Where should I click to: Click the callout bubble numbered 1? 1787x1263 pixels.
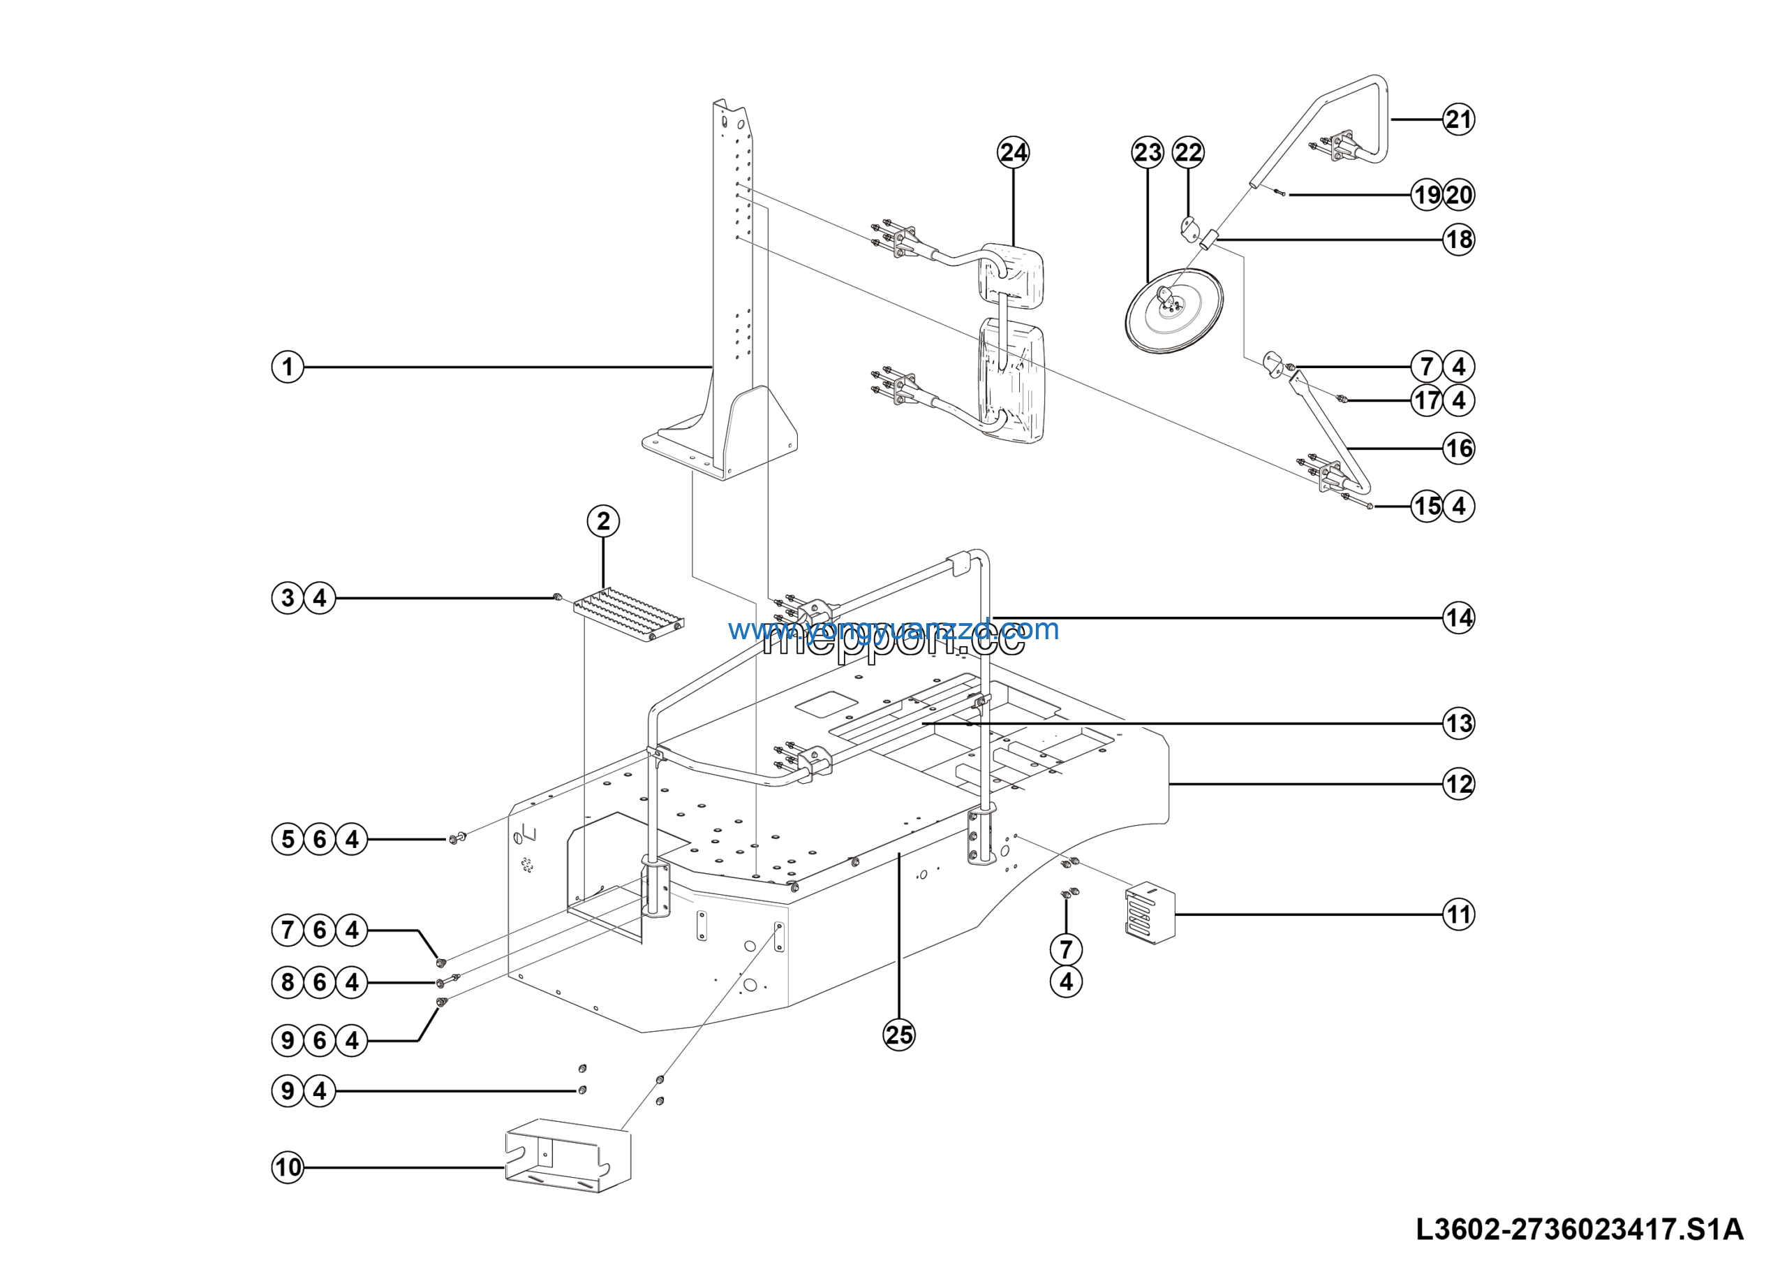[287, 367]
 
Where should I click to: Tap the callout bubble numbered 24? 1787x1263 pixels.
[1013, 152]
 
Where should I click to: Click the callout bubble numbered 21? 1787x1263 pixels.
[1458, 120]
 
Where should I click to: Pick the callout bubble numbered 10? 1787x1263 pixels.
[287, 1167]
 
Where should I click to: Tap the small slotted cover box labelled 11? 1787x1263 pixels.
[1150, 912]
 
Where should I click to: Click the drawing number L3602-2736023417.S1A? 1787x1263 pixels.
[1579, 1229]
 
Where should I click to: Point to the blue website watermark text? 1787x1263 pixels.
[893, 629]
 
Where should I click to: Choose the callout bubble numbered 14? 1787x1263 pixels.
[1458, 618]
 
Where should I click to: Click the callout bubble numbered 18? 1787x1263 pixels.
[1458, 240]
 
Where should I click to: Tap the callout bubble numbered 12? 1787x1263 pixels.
[1458, 783]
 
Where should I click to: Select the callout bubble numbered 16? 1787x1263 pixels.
[1458, 448]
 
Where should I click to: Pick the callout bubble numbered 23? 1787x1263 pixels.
[1147, 152]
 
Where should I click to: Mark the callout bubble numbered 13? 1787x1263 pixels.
[1458, 724]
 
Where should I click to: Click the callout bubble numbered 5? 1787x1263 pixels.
[287, 840]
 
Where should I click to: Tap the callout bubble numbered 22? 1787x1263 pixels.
[1187, 152]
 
